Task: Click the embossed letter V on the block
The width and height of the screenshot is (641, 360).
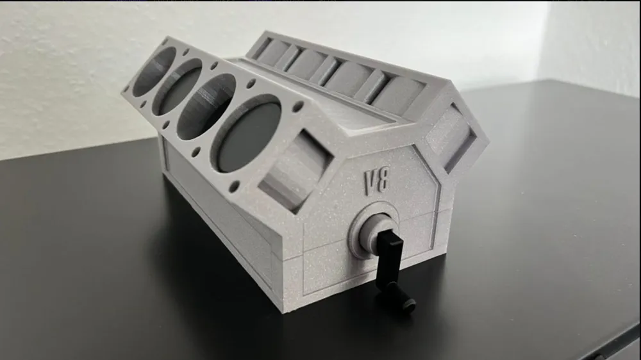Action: point(370,181)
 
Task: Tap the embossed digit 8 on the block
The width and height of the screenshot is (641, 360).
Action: point(383,181)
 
